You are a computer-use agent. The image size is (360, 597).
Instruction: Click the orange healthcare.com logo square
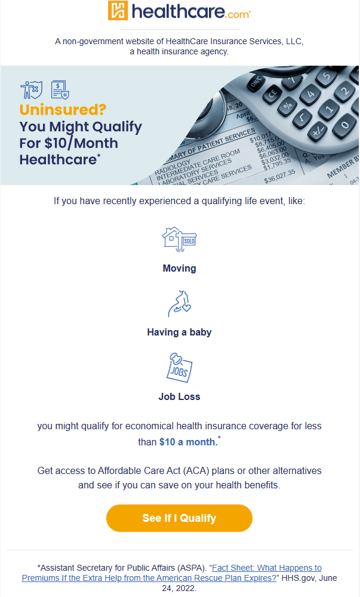pos(118,11)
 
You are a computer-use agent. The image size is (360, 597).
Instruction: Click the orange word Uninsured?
pos(63,110)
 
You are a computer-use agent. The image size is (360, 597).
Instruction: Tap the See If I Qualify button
pos(179,518)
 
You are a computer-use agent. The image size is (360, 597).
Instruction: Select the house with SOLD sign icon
pos(179,239)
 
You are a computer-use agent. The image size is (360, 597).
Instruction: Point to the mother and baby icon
pos(179,303)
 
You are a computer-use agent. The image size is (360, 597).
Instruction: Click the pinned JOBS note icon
pos(179,367)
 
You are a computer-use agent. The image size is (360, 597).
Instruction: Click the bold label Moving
pos(179,268)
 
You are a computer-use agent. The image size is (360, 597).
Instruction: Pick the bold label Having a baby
pos(179,332)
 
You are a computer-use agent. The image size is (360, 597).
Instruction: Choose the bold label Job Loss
pos(179,396)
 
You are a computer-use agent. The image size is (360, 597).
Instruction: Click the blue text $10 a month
pos(187,442)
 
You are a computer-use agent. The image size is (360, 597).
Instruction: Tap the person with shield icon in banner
pos(30,90)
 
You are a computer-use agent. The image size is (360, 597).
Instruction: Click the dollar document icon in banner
pos(60,90)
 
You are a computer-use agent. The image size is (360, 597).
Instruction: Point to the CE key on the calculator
pos(273,94)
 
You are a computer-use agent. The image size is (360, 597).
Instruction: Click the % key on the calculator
pos(288,106)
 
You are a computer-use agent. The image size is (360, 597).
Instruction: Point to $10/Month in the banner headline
pos(81,143)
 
